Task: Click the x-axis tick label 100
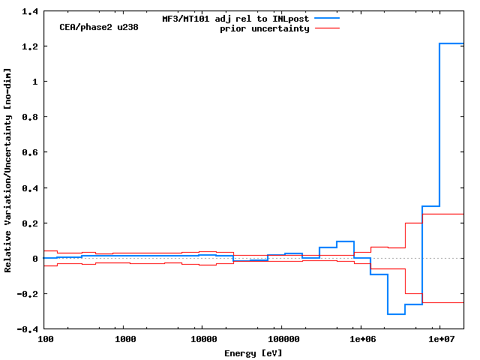(x=46, y=340)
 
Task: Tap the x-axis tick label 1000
(x=124, y=340)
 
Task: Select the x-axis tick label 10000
(x=202, y=340)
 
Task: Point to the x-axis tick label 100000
(x=281, y=340)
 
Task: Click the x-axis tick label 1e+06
(x=361, y=340)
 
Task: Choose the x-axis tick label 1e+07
(x=439, y=340)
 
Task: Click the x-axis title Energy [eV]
(x=253, y=352)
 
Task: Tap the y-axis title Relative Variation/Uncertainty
(x=8, y=169)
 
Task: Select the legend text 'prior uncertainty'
(x=265, y=28)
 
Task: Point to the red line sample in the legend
(x=327, y=28)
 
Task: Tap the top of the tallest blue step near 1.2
(x=451, y=43)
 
